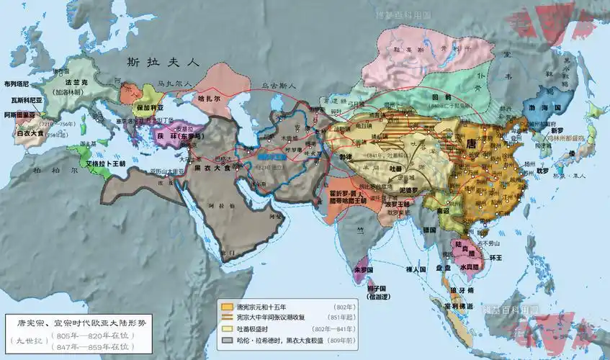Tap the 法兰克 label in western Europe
73,84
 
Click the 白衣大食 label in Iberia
34,132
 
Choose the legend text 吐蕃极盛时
256,328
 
